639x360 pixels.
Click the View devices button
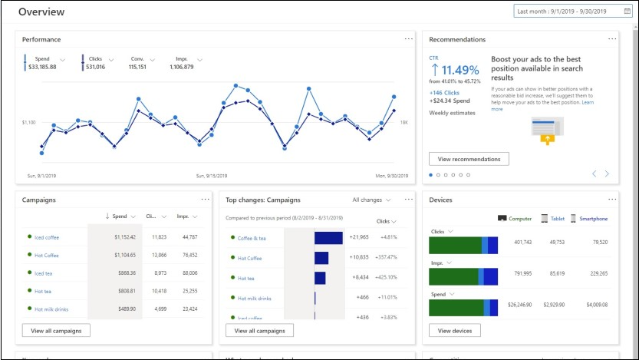tap(454, 331)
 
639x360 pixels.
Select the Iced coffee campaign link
tap(46, 237)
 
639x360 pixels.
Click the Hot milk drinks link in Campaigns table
tap(51, 309)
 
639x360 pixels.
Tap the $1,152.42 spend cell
tap(120, 237)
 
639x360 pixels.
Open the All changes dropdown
tap(371, 200)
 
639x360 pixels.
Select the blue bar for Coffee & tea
tap(328, 238)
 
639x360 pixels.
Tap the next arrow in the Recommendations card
tap(607, 174)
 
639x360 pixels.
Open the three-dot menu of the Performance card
tap(409, 38)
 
